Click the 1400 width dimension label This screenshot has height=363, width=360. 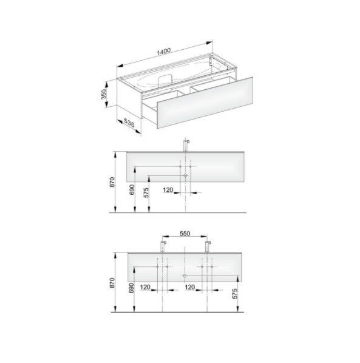point(164,52)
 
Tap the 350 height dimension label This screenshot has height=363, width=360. point(104,94)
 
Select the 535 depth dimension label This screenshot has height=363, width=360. point(129,123)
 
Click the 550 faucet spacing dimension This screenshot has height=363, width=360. point(185,234)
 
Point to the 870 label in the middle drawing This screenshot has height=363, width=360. point(112,182)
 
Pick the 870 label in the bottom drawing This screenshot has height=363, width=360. point(112,283)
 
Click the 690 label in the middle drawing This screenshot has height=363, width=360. point(132,189)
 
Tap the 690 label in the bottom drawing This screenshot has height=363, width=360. point(131,288)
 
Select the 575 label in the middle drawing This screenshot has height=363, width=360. point(146,192)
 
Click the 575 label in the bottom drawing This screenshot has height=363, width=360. point(234,294)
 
